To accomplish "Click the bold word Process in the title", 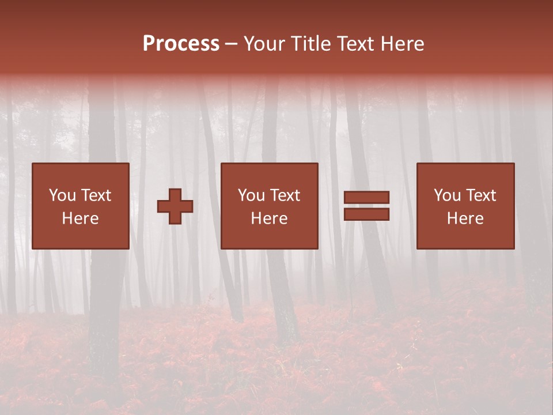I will click(x=181, y=44).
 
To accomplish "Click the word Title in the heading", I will click(x=310, y=44).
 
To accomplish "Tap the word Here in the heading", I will click(x=402, y=44).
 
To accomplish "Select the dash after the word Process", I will click(x=232, y=44).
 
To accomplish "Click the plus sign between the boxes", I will click(x=175, y=206).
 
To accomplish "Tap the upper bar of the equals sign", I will click(x=366, y=197).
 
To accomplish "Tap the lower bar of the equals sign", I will click(x=366, y=214).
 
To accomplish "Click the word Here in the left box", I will click(x=81, y=218).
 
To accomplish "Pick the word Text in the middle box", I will click(x=285, y=195).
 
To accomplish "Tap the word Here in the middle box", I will click(x=270, y=218).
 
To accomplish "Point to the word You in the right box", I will click(x=446, y=195).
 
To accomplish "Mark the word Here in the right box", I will click(x=465, y=218).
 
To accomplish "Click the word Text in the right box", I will click(x=480, y=195).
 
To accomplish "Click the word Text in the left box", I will click(x=96, y=195).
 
